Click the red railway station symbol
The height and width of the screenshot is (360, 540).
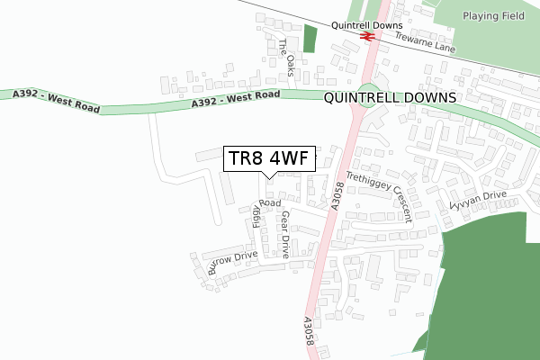click(x=366, y=37)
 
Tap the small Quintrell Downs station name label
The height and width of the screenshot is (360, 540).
click(x=366, y=25)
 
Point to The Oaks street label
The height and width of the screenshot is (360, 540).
click(x=286, y=57)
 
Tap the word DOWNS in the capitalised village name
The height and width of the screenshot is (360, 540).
click(x=430, y=96)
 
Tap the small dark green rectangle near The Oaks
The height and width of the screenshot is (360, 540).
click(x=310, y=39)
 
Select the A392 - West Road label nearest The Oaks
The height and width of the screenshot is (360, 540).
click(x=236, y=100)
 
